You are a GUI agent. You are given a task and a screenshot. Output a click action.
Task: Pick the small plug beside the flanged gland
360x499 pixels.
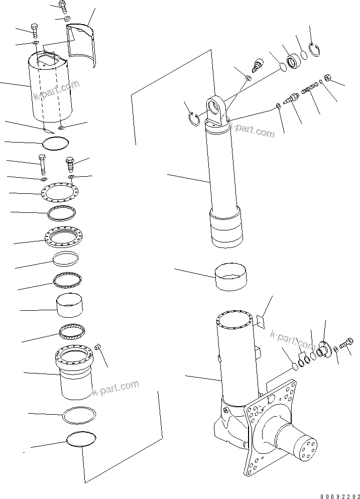98,347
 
